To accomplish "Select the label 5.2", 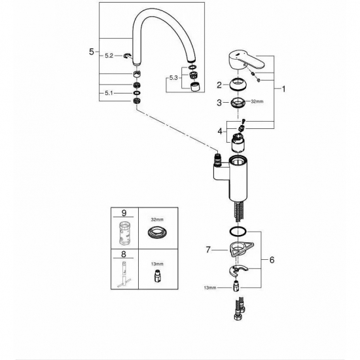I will [109, 57].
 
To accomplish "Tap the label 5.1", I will [109, 94].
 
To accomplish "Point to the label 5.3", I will [172, 77].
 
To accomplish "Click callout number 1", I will [283, 87].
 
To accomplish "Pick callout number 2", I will [221, 84].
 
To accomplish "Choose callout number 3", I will [221, 102].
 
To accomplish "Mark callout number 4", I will [221, 132].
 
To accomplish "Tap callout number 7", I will [207, 249].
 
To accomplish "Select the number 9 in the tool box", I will [124, 213].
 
